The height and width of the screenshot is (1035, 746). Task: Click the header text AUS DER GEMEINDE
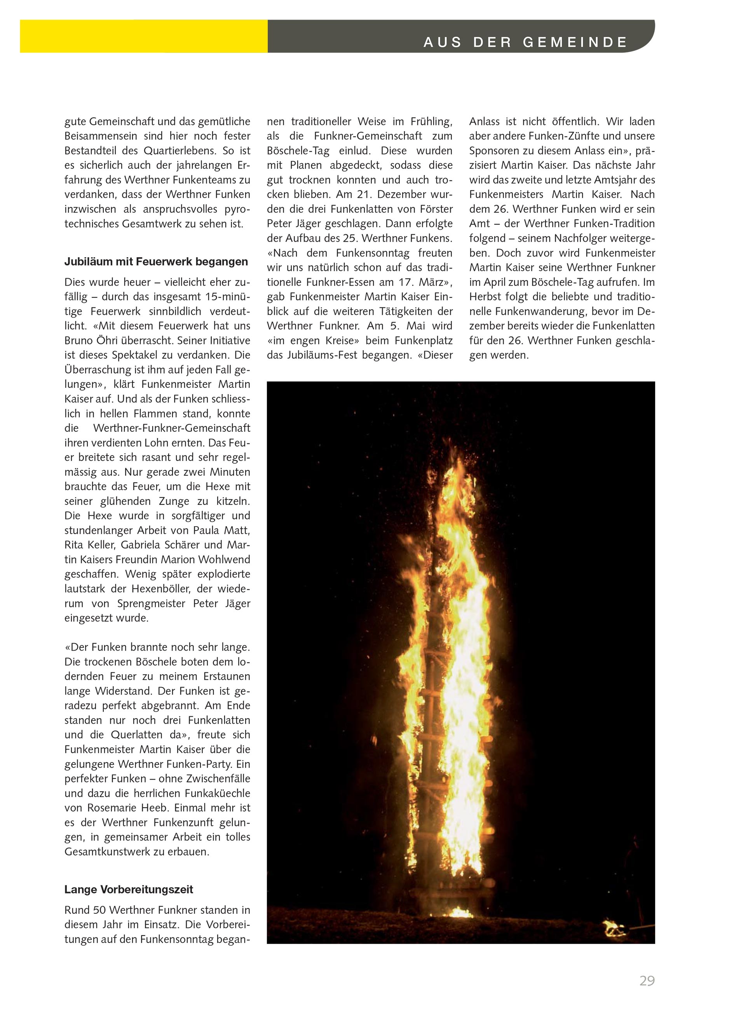525,42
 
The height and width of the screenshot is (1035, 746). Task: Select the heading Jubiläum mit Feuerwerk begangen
156,262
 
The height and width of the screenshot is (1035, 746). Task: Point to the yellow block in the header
143,36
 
